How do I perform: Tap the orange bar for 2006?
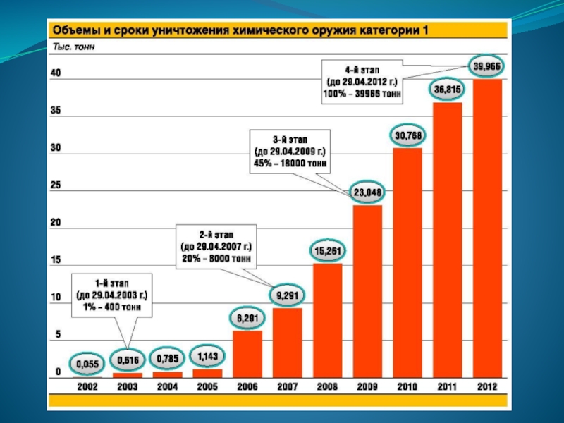(247, 353)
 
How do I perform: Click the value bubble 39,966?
(487, 66)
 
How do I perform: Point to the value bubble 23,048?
(367, 192)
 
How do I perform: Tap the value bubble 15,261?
(328, 250)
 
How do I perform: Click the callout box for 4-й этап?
(362, 82)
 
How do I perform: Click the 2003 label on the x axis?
(128, 386)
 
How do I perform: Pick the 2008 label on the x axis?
(328, 386)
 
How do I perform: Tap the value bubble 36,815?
(448, 90)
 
